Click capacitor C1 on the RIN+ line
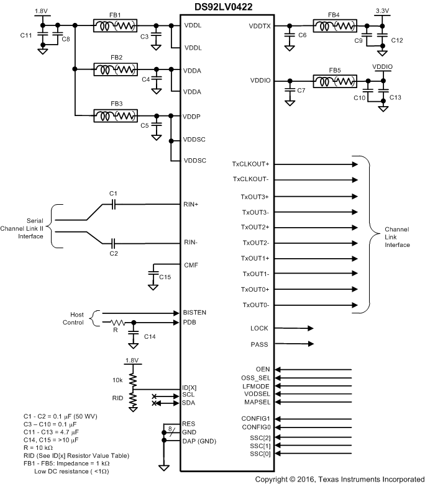114,204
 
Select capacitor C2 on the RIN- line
114,242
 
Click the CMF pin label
191,265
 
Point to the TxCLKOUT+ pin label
250,164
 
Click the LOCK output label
259,328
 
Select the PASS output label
259,344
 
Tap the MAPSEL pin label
257,402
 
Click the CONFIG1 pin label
255,419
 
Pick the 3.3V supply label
382,11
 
